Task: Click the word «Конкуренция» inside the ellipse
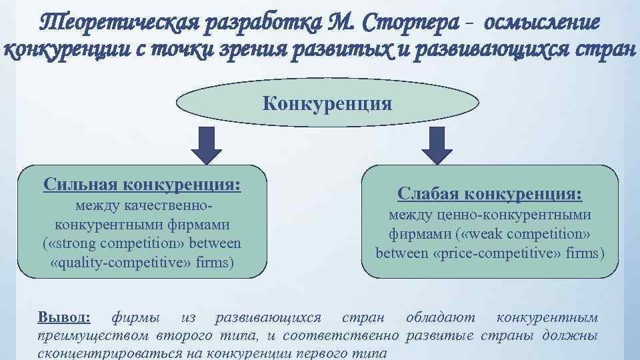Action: (x=327, y=104)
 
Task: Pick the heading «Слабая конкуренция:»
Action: (x=489, y=194)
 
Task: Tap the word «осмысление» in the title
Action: (x=543, y=23)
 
